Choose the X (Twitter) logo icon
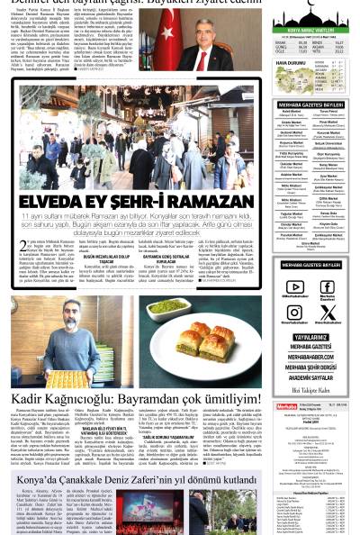point(327,313)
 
